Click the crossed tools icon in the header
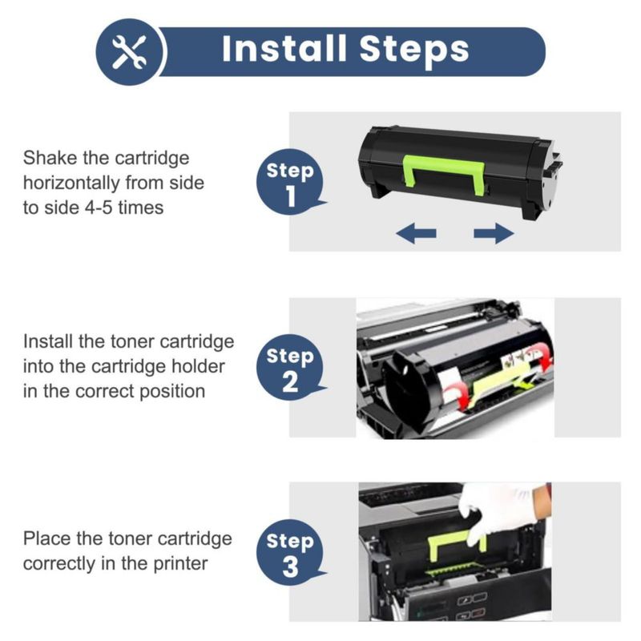coord(130,52)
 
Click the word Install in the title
coord(284,49)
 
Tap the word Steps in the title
coord(414,52)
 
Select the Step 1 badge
coord(291,182)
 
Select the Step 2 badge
coord(291,367)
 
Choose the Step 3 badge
coord(291,552)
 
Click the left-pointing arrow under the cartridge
coord(416,233)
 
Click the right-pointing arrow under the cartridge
coord(494,233)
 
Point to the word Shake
coord(50,158)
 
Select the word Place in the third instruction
coord(46,538)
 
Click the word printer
coord(180,564)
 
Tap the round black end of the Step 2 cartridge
coord(408,390)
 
